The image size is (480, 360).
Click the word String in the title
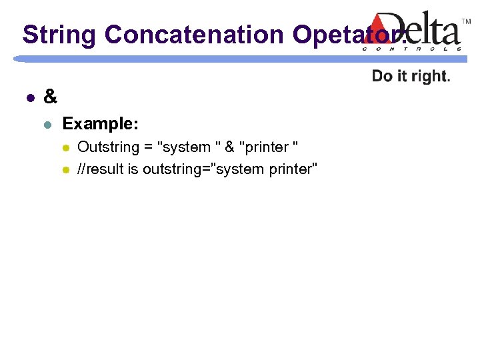click(59, 35)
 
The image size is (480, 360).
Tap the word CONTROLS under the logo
click(412, 49)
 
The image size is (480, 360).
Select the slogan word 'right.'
click(431, 76)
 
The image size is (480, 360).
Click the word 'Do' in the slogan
click(382, 76)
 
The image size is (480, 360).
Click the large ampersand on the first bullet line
click(50, 97)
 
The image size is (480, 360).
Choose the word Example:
click(101, 123)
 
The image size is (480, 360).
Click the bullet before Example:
click(46, 124)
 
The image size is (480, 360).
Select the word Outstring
click(107, 147)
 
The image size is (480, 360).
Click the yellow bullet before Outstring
click(65, 147)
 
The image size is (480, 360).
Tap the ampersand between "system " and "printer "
click(229, 147)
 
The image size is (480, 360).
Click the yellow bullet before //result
click(65, 170)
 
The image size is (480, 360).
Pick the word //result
click(100, 169)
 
